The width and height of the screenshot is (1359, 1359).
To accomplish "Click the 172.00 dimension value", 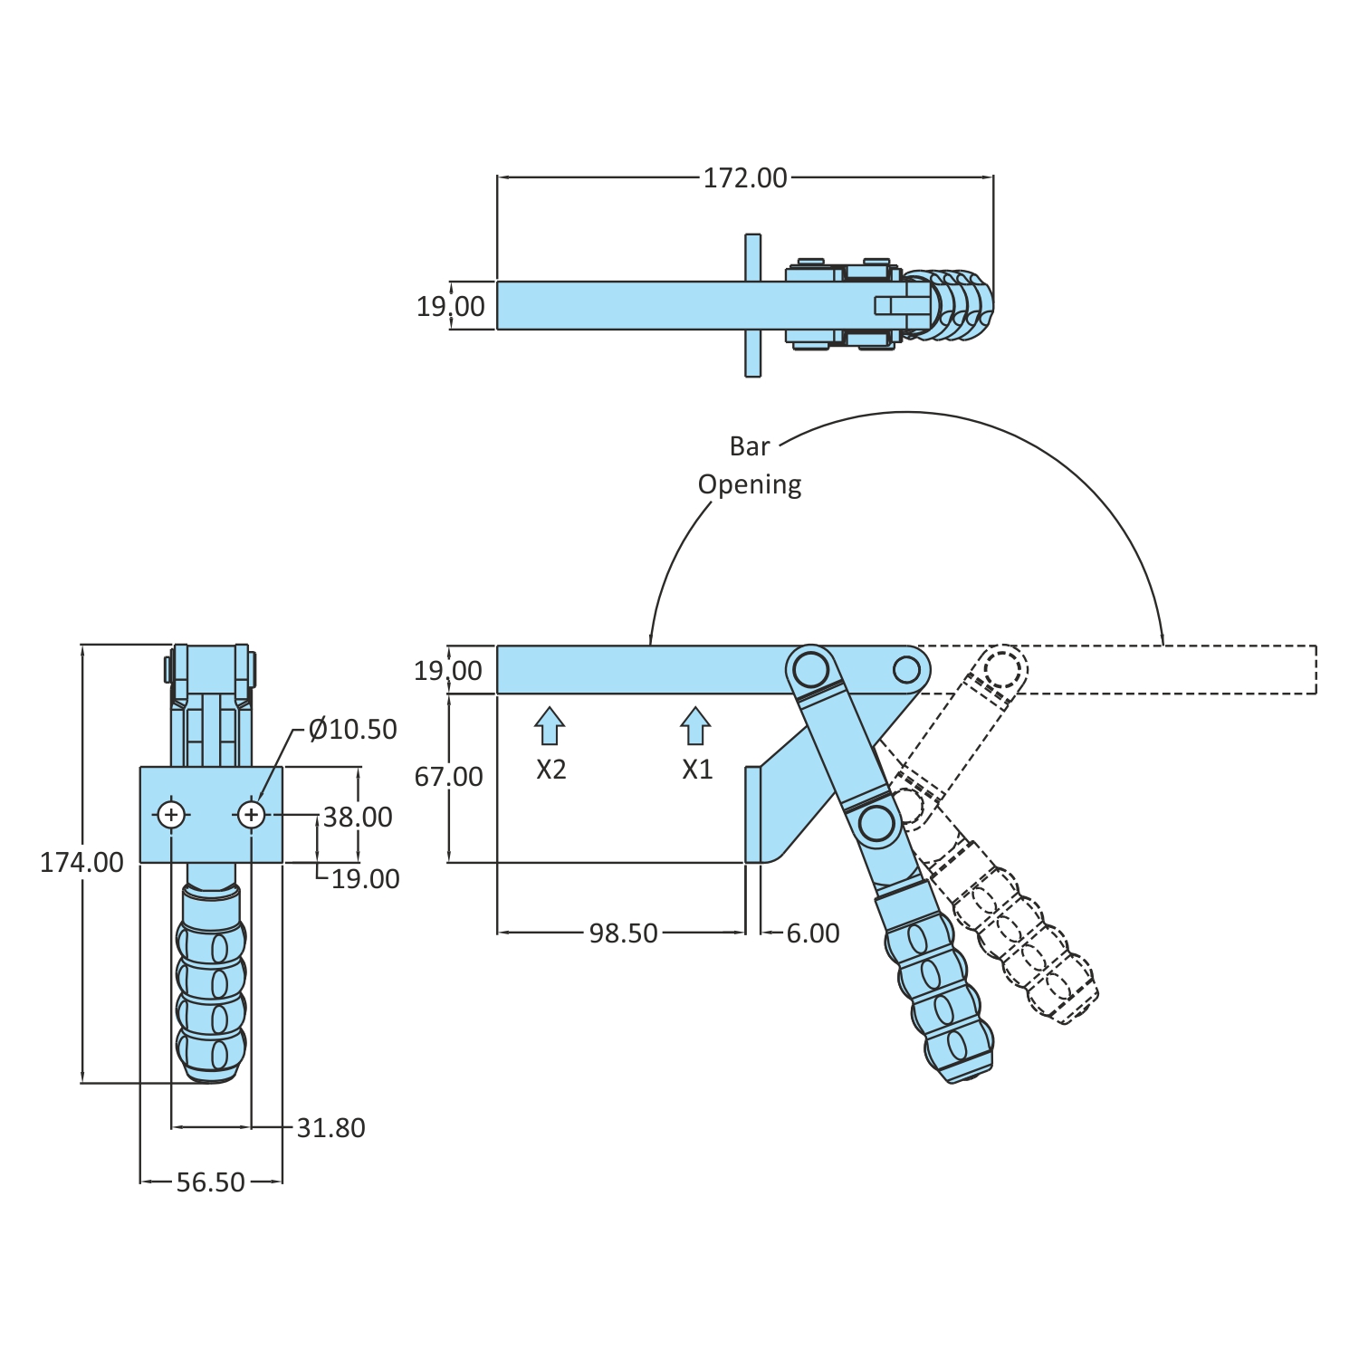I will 745,178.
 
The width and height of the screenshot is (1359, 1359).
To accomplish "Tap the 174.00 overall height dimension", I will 81,862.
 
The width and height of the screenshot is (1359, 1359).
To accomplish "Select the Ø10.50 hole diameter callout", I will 352,729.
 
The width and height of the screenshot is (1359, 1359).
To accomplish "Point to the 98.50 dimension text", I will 623,933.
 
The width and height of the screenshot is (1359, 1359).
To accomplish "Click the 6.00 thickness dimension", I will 812,933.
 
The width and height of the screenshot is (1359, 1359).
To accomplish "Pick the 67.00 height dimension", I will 448,776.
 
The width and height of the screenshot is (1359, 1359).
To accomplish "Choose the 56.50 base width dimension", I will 210,1182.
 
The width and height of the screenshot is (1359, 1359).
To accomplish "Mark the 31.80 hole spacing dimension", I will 330,1127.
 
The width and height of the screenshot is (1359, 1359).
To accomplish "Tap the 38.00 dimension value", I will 358,817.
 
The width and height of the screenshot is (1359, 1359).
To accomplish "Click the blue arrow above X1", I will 695,726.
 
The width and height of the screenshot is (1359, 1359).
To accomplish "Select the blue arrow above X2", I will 550,726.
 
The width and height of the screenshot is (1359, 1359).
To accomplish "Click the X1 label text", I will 697,770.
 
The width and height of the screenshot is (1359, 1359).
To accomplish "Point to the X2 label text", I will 550,770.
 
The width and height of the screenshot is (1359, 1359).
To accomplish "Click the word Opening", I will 750,484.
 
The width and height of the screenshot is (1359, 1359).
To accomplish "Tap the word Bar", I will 750,446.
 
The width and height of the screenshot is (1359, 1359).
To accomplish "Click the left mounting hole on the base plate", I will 171,815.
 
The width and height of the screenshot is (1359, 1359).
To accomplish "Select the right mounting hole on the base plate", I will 251,815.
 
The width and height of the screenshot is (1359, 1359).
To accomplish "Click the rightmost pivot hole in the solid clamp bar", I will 906,670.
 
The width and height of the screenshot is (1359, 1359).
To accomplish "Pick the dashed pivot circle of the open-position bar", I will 1002,669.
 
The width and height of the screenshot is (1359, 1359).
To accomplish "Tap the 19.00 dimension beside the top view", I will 450,306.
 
